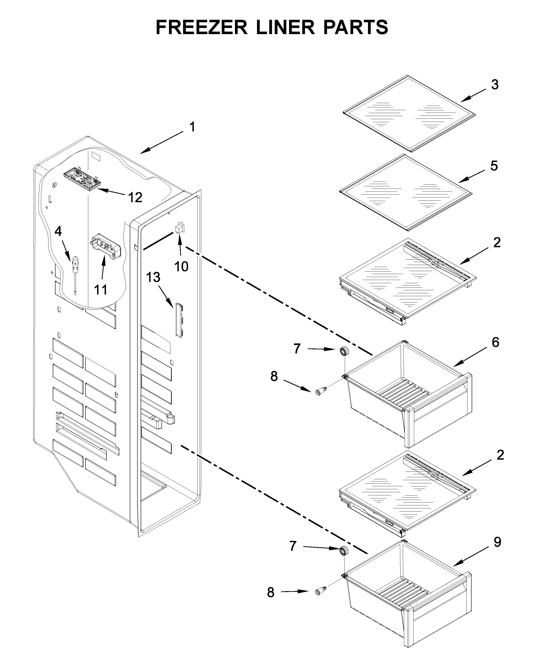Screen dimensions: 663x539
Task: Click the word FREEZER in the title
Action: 201,27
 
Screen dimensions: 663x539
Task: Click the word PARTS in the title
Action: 355,27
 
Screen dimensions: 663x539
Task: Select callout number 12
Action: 135,197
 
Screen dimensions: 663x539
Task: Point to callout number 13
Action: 153,277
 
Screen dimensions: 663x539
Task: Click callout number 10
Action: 181,266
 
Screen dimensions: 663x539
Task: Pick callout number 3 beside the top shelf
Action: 495,84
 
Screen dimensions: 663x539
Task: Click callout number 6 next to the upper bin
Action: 495,342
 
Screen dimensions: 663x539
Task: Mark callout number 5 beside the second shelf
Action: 494,166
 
